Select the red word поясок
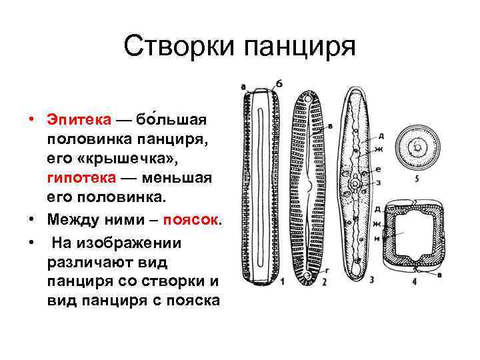tap(193, 220)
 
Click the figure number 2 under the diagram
tap(324, 283)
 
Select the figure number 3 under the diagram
tap(371, 279)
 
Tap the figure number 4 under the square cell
tap(413, 282)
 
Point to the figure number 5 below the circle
tap(416, 178)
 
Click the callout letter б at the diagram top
tap(279, 83)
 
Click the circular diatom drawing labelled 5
tap(418, 146)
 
